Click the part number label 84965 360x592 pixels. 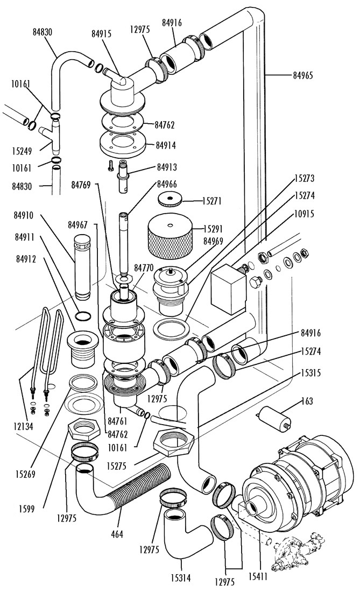click(303, 75)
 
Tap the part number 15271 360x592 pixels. click(212, 201)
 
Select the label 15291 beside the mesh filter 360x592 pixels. click(213, 229)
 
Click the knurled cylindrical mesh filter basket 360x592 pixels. click(170, 236)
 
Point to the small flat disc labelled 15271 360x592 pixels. click(170, 199)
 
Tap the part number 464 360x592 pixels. click(117, 534)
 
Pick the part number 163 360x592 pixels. click(307, 401)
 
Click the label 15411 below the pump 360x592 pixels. click(258, 576)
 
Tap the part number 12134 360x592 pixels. click(23, 427)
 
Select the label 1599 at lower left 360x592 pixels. click(26, 509)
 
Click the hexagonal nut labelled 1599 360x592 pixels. click(84, 429)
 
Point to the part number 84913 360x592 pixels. click(167, 167)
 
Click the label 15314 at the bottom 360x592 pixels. click(180, 577)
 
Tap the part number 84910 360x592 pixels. click(23, 216)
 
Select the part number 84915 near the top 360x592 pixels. click(102, 33)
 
